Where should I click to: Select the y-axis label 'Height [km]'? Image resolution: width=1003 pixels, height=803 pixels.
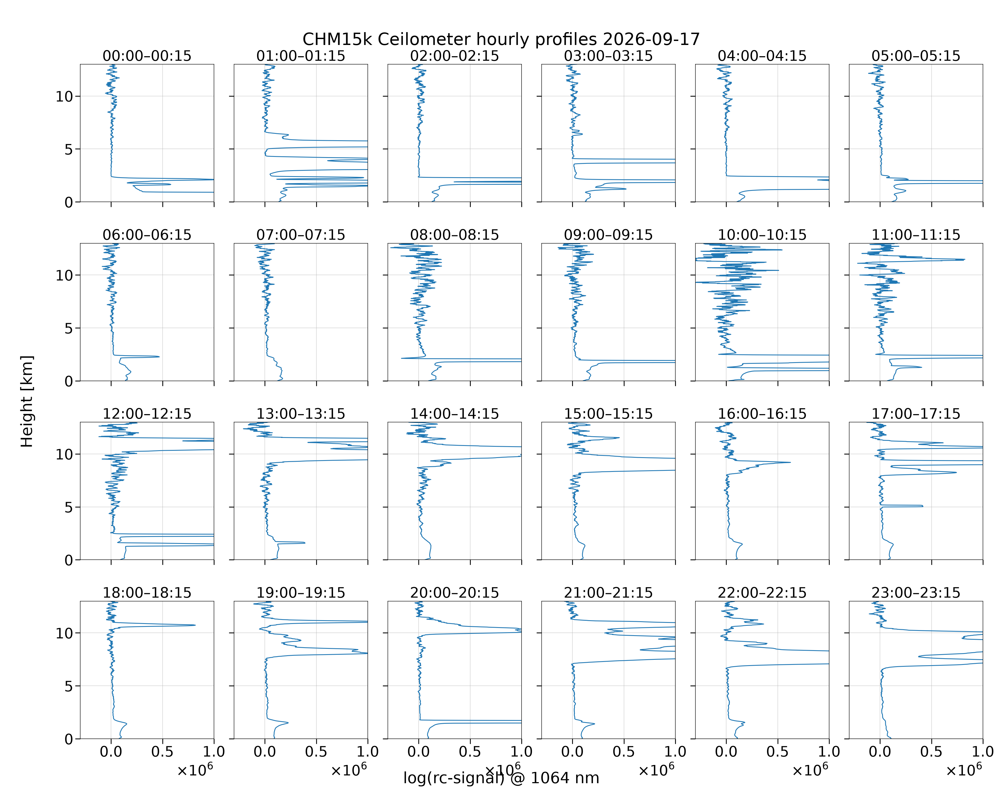27,401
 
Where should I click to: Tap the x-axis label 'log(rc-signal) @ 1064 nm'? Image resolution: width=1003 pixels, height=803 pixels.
501,778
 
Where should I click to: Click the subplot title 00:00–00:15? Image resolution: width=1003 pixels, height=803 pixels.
147,56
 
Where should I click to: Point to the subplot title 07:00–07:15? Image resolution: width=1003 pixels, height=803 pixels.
301,235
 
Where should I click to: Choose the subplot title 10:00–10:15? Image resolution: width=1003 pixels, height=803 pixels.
762,235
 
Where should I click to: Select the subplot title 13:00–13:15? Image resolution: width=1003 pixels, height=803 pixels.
301,414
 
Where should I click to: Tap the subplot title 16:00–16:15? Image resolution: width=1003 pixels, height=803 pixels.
762,414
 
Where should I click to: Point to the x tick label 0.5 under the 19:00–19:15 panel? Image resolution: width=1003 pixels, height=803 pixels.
316,752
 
